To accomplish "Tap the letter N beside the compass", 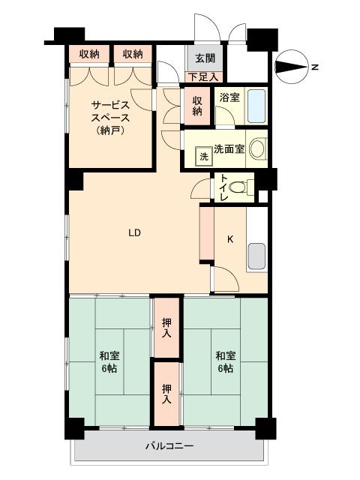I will pos(316,68).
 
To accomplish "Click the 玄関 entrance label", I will pos(205,58).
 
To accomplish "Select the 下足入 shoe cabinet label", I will pos(203,76).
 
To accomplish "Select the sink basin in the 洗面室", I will pos(256,148).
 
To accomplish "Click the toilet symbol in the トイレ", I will pos(238,187).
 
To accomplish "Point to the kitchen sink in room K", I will pos(256,256).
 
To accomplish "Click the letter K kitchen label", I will pos(230,240).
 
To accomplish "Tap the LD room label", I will pos(134,232).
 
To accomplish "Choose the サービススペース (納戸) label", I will pos(110,117).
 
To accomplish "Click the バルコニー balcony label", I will pos(169,446).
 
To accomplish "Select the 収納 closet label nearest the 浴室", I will pos(197,106).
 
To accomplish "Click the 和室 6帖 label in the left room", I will pos(110,362).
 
